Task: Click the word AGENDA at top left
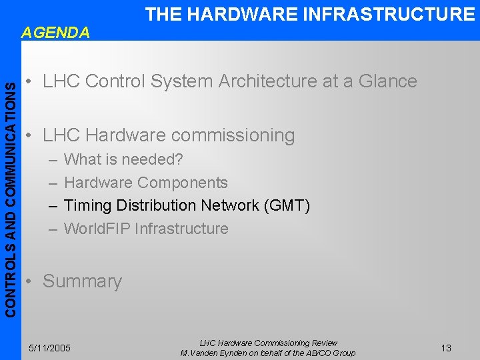click(55, 32)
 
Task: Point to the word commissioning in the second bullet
click(233, 135)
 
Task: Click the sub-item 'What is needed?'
click(123, 160)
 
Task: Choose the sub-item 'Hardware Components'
click(145, 183)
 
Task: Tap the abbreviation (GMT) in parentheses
click(287, 205)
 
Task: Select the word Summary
click(82, 281)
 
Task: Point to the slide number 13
click(446, 348)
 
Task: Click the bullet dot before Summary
click(28, 282)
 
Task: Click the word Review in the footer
click(323, 343)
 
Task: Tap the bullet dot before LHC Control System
click(28, 82)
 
